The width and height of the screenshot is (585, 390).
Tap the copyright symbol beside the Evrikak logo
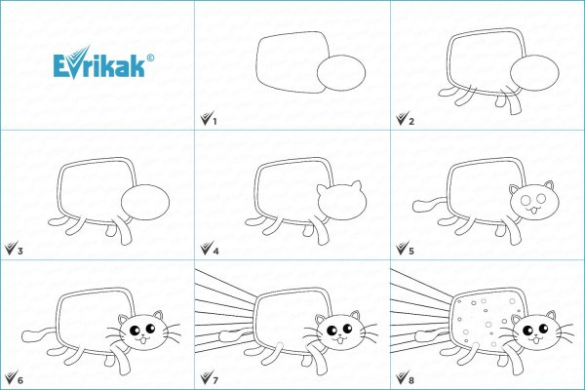click(150, 58)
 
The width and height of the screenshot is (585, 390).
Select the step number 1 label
click(214, 121)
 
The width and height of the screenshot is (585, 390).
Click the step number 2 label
click(411, 121)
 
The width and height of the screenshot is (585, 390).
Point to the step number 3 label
click(19, 251)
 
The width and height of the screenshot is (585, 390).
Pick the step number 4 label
click(215, 251)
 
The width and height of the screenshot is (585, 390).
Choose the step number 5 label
click(411, 251)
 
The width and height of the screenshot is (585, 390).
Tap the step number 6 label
click(19, 380)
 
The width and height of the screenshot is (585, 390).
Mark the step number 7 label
click(215, 380)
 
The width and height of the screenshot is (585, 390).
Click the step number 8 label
click(411, 380)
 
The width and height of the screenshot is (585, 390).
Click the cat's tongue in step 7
click(340, 341)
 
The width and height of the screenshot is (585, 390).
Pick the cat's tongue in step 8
click(536, 341)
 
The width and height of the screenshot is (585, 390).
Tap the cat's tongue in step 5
click(533, 213)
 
